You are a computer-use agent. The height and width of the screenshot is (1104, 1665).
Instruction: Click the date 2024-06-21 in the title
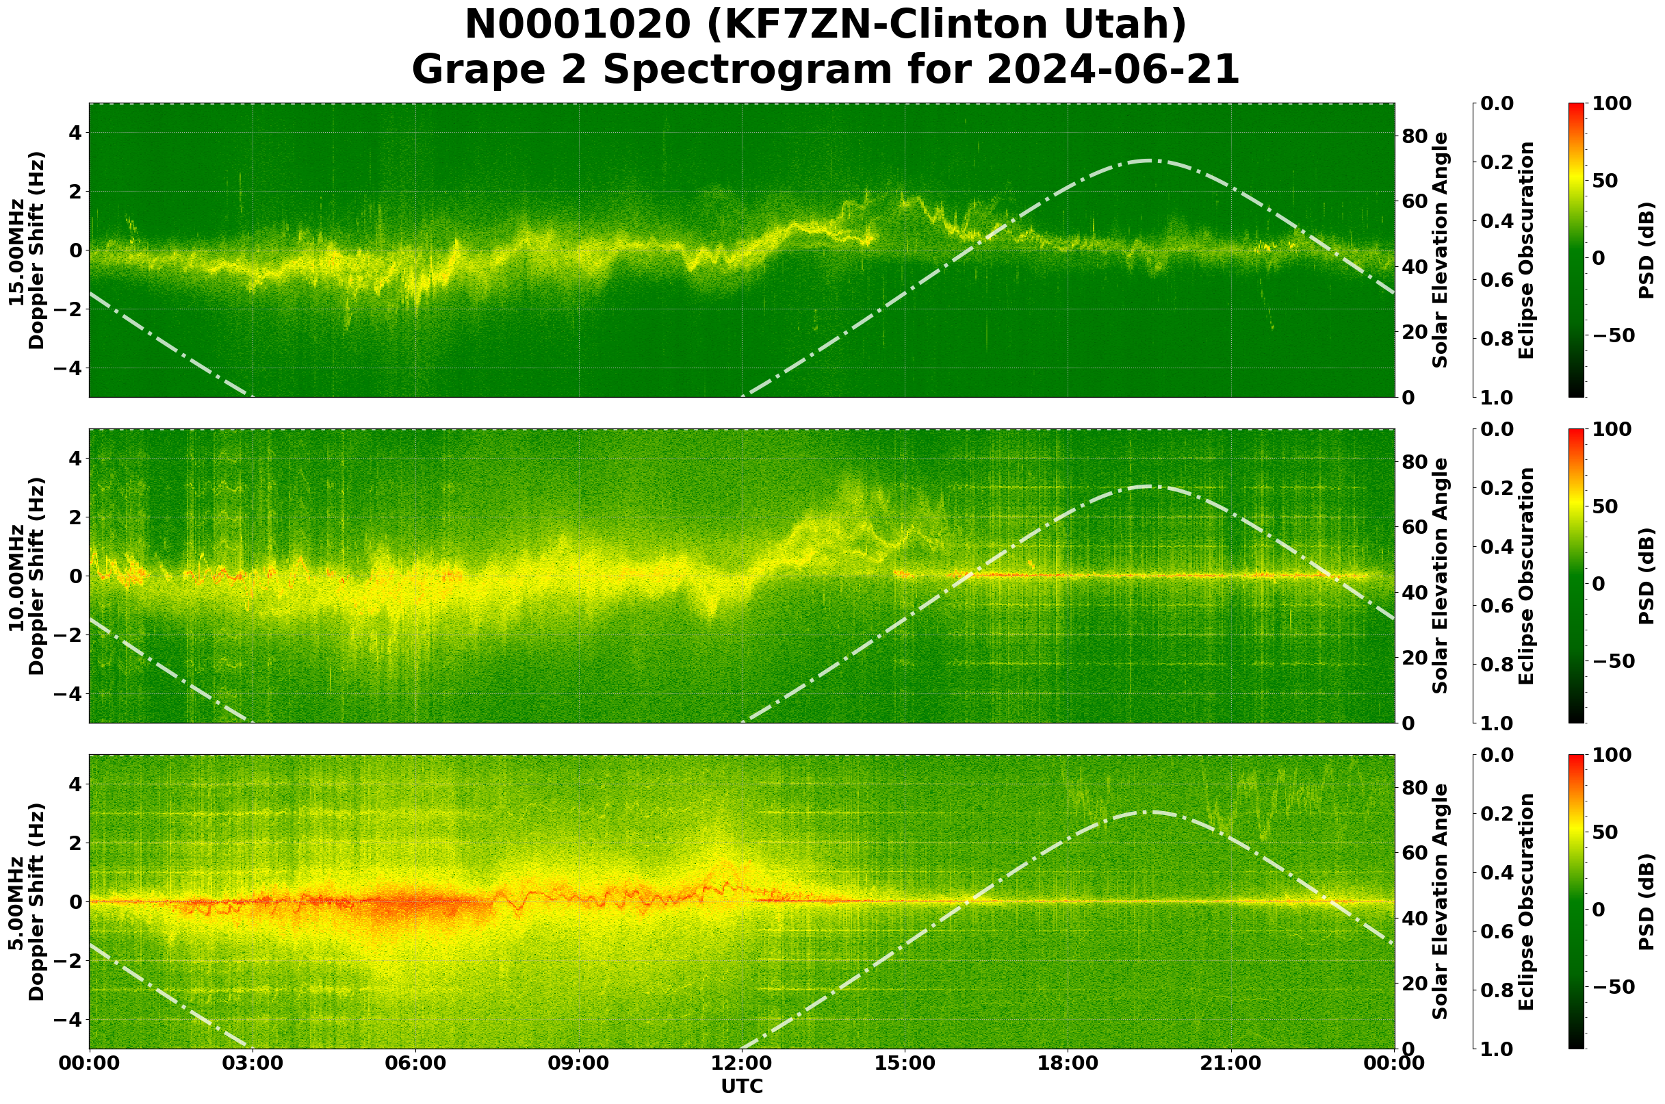(x=1113, y=69)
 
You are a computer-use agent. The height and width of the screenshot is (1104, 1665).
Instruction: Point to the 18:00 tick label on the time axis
(x=1068, y=1063)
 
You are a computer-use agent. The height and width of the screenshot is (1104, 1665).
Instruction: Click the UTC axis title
(x=742, y=1086)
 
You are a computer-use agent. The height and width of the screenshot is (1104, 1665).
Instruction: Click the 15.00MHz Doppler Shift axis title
(x=26, y=251)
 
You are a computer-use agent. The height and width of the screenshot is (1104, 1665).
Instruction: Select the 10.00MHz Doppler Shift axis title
(x=26, y=576)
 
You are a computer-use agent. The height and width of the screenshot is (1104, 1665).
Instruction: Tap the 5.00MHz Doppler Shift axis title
(x=26, y=902)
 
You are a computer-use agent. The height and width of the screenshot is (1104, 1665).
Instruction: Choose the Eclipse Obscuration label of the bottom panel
(x=1525, y=902)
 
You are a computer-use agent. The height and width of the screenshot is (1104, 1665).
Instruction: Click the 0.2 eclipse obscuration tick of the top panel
(x=1499, y=163)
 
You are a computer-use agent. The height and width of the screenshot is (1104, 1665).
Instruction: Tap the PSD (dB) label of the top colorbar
(x=1647, y=251)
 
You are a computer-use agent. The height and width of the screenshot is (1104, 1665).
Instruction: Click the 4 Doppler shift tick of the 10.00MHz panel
(x=75, y=459)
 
